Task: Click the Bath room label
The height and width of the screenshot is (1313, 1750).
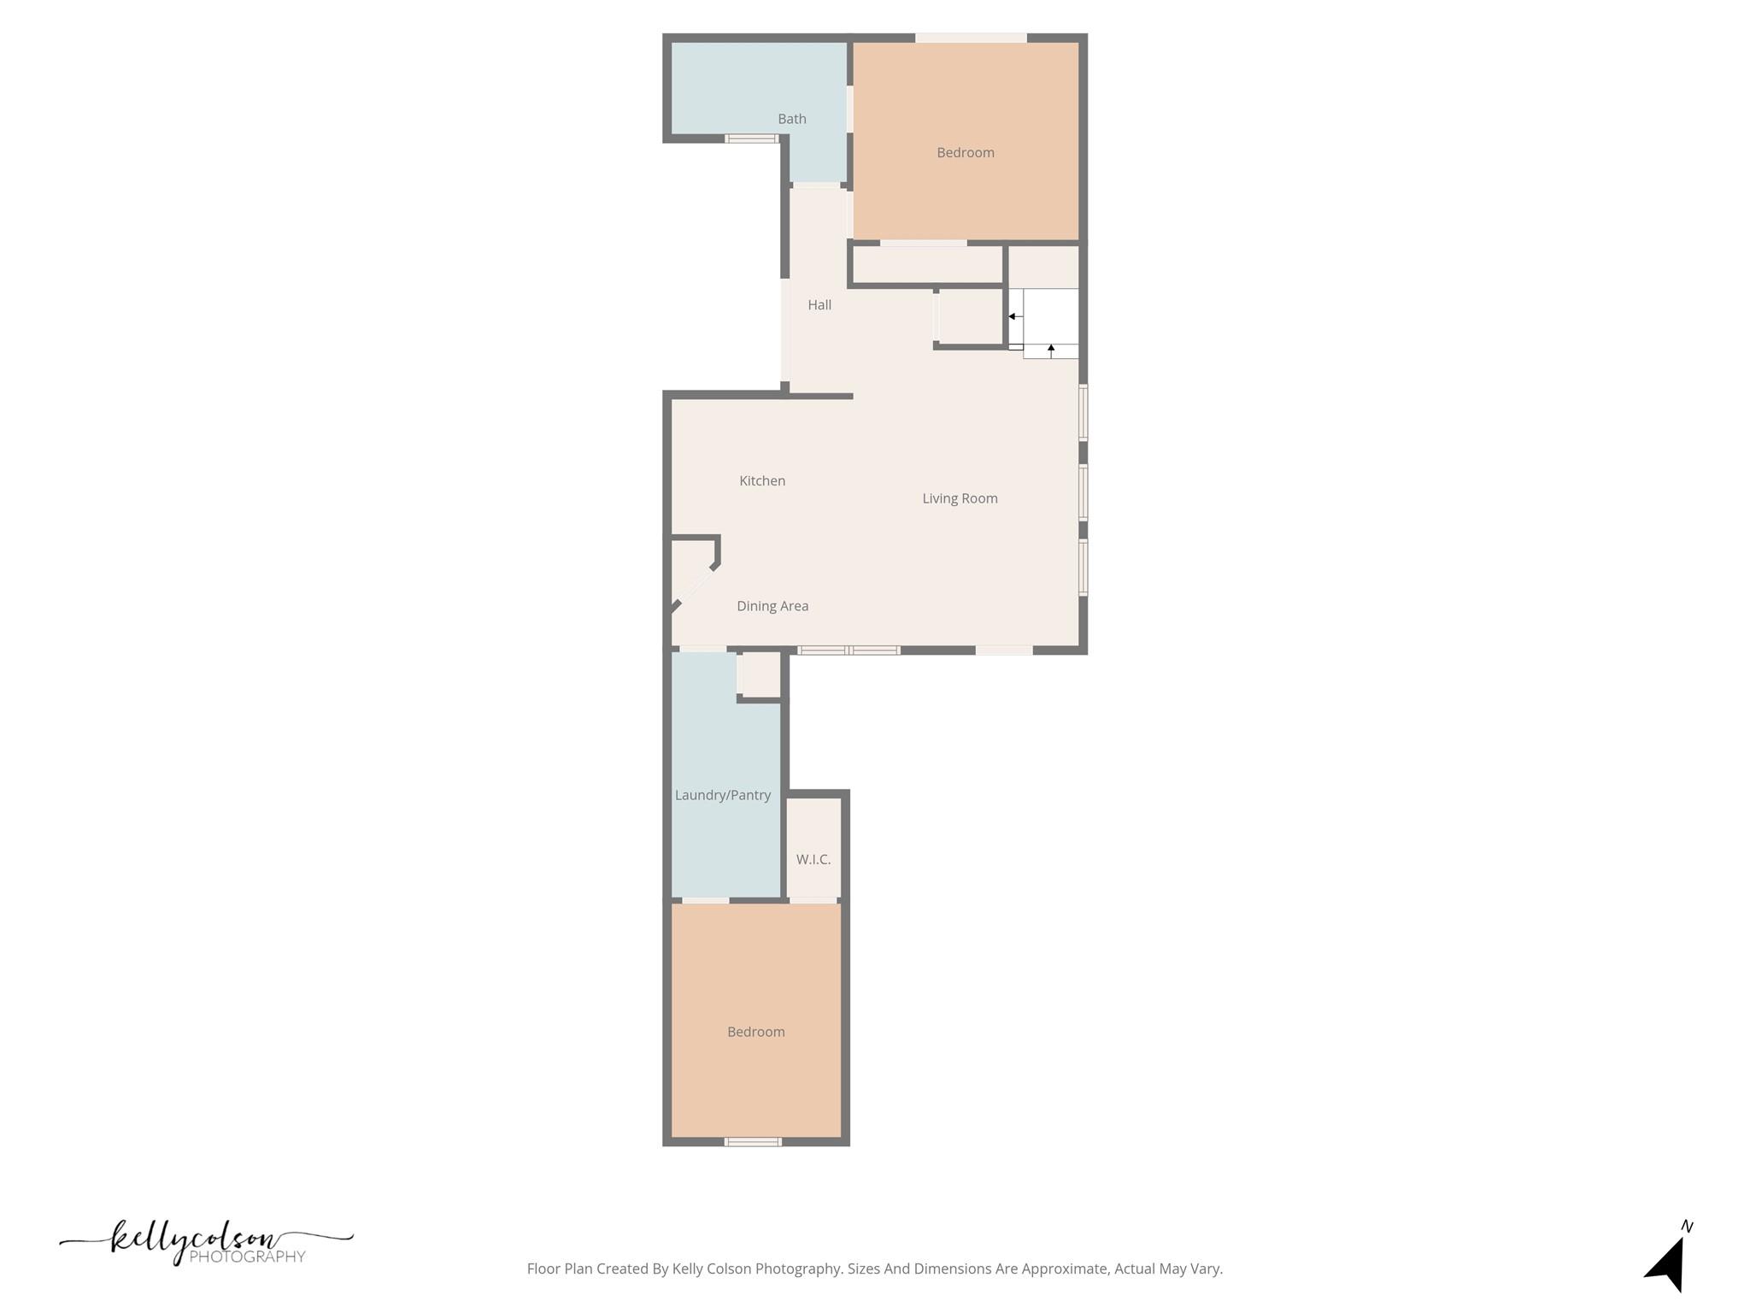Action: [x=791, y=119]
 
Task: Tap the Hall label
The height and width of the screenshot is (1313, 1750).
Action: [x=819, y=305]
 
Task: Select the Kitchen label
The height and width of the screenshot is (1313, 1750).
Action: [x=762, y=481]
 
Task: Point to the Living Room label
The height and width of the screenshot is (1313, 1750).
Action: [x=960, y=498]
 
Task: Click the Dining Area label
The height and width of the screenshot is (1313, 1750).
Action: [x=772, y=606]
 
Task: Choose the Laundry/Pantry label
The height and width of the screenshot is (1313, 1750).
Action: [x=723, y=795]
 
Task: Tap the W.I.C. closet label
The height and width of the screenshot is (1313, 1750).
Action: [x=813, y=859]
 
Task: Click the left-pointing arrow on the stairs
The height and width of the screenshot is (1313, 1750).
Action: [x=1012, y=316]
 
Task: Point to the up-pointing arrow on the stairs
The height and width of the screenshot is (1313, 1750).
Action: [x=1051, y=349]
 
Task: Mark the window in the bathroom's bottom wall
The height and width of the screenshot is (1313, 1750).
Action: [x=751, y=138]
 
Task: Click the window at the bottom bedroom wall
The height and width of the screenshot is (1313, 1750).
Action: [x=753, y=1141]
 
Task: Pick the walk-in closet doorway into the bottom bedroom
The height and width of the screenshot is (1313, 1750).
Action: [x=813, y=900]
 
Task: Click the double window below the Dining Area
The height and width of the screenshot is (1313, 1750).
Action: [x=849, y=651]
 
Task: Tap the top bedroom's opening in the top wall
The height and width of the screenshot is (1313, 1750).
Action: [x=971, y=38]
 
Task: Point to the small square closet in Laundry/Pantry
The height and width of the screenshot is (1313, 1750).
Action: [x=760, y=675]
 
